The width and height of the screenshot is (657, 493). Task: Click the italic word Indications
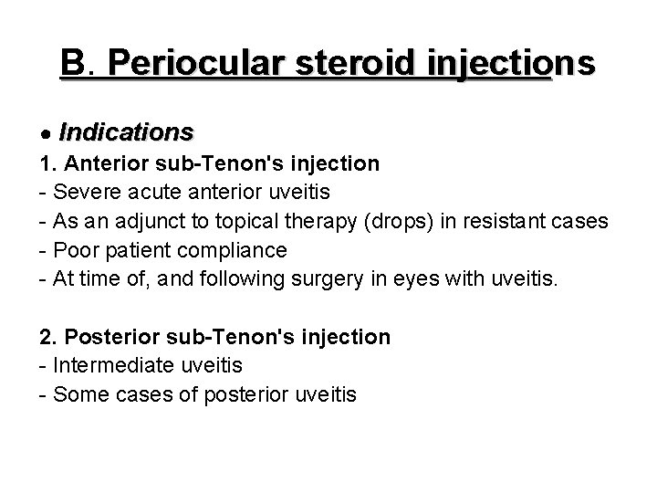coord(126,132)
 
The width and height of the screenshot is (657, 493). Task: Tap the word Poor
coord(75,249)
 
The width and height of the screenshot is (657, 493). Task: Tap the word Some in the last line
coord(79,394)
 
